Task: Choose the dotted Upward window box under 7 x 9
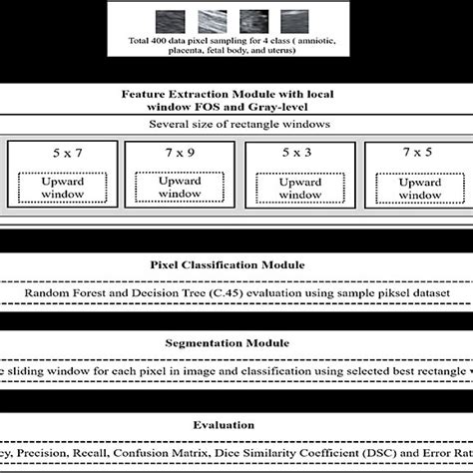(177, 190)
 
